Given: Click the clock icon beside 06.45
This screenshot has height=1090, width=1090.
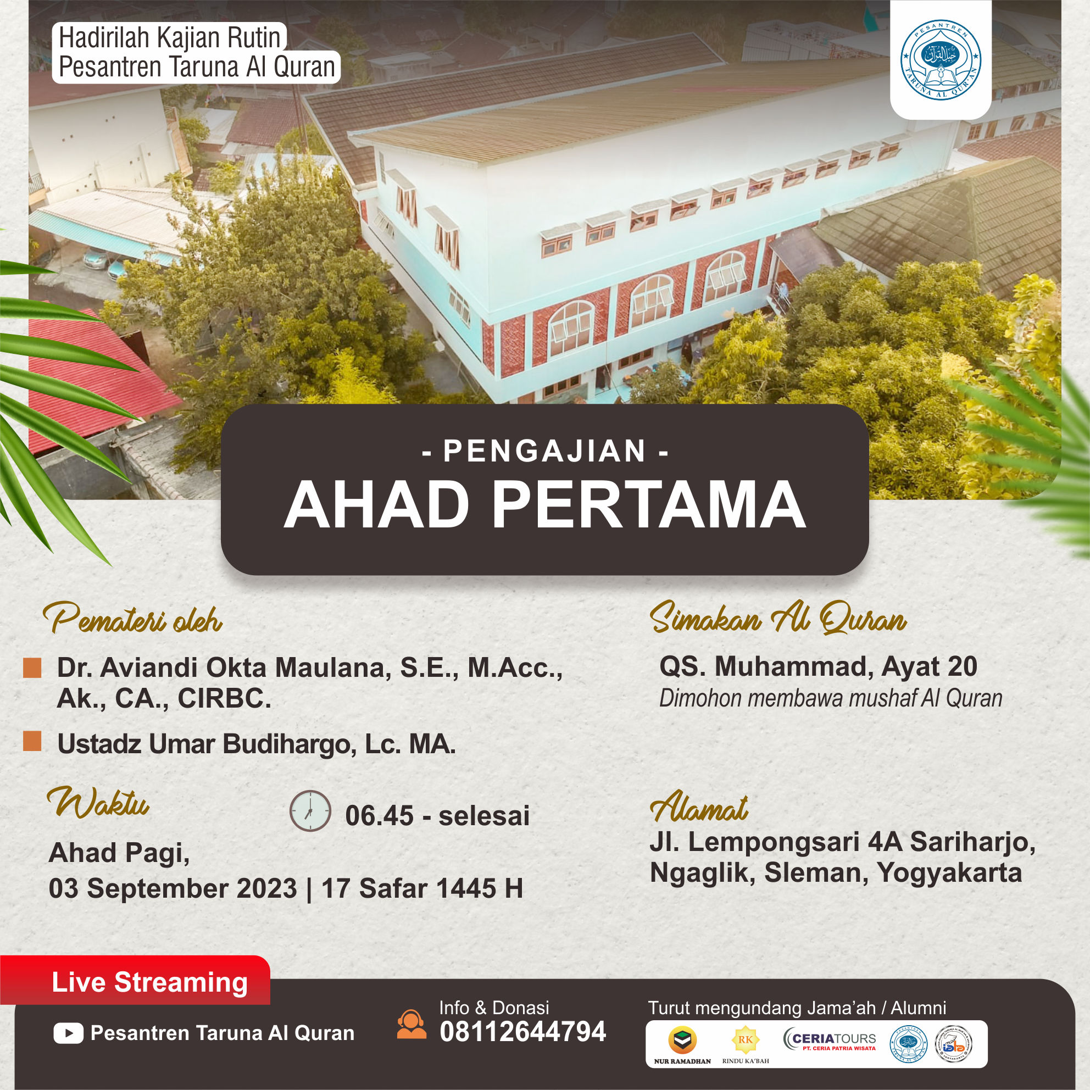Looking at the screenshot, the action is pyautogui.click(x=309, y=810).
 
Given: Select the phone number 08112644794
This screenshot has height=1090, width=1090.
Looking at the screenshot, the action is pyautogui.click(x=522, y=1032).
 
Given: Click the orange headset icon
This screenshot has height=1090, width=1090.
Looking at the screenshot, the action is pyautogui.click(x=412, y=1024).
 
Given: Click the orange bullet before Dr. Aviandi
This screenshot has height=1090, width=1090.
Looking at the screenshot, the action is pyautogui.click(x=32, y=669).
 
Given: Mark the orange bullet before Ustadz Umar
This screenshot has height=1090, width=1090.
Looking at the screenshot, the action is pyautogui.click(x=32, y=741).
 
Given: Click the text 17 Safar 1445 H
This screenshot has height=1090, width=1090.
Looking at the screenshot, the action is pyautogui.click(x=422, y=888).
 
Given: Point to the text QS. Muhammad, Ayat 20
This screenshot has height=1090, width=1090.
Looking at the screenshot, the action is pyautogui.click(x=818, y=667).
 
